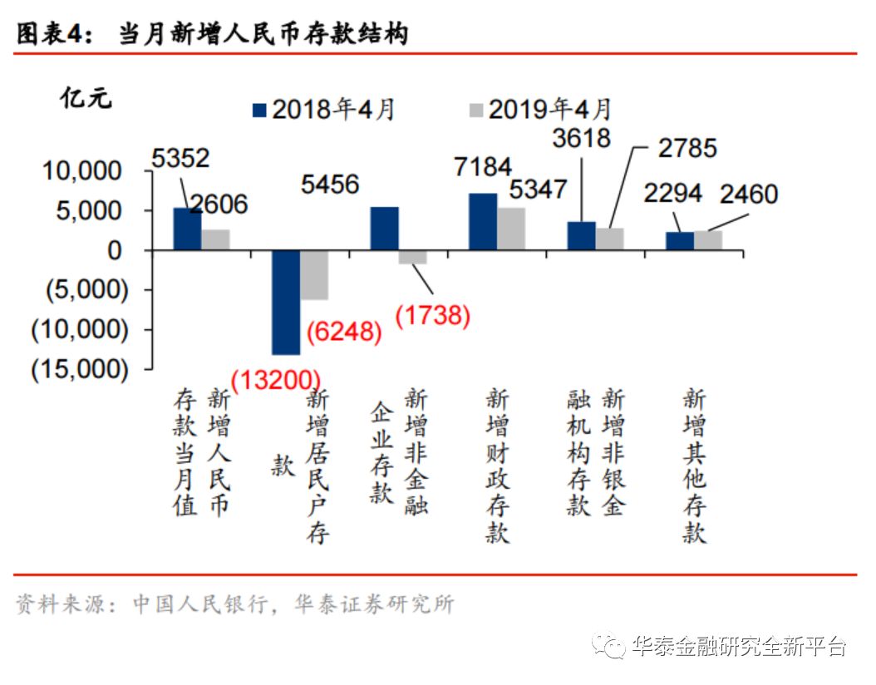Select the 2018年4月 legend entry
pos(325,110)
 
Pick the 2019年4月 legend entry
pos(541,110)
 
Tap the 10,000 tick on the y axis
pos(82,171)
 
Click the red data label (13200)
pos(275,381)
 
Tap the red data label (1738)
pos(432,315)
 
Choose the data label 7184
pos(483,167)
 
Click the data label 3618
pos(581,137)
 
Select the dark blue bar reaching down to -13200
pos(286,302)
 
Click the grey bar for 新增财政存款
pos(511,229)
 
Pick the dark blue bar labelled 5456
pos(384,229)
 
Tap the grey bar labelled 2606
pos(215,239)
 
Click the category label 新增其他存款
pos(694,466)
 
